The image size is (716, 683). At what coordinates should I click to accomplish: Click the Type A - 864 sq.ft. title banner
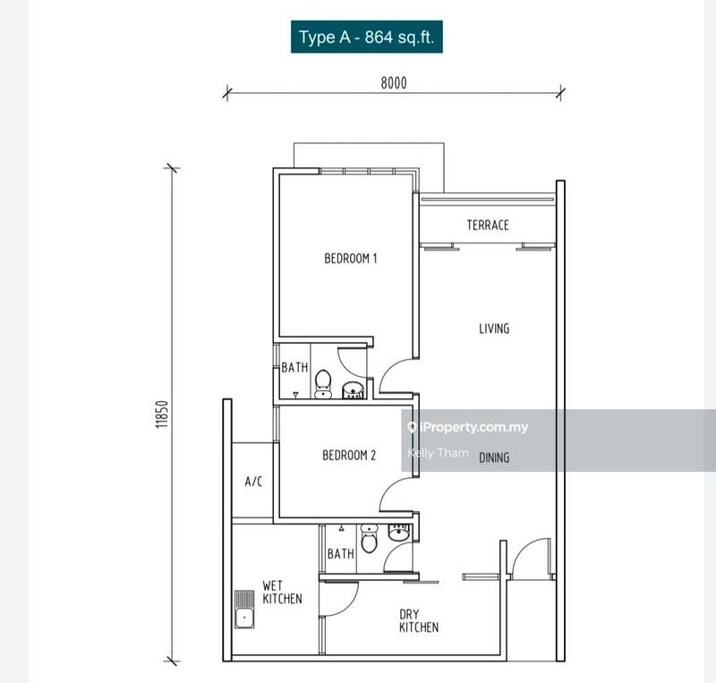[366, 38]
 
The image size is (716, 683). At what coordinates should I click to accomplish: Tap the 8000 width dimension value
[394, 83]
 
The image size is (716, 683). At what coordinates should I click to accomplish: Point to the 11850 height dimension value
[161, 415]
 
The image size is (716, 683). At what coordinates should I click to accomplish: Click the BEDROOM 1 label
[350, 259]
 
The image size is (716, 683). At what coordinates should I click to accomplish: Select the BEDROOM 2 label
[349, 456]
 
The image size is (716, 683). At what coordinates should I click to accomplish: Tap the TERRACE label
[488, 226]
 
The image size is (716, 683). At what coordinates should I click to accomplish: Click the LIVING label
[493, 329]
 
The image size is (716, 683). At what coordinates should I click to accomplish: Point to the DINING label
[493, 457]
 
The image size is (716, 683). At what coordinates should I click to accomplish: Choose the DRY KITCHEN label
[418, 620]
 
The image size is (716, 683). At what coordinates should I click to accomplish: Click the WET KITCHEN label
[282, 592]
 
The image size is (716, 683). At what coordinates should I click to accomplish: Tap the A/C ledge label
[253, 482]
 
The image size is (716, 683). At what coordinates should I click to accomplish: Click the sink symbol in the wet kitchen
[243, 608]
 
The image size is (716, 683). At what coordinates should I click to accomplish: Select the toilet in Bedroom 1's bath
[323, 382]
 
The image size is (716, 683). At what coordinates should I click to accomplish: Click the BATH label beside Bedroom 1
[294, 367]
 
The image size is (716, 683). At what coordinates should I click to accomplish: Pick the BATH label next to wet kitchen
[340, 554]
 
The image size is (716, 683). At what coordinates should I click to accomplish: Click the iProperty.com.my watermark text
[473, 427]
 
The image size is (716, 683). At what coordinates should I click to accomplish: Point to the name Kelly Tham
[438, 453]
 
